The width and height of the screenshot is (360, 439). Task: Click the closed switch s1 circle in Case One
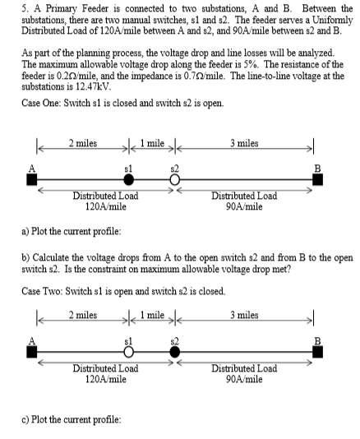[x=128, y=179]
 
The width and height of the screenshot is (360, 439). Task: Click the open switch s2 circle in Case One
[x=174, y=179]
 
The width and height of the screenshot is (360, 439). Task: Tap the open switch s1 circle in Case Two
[x=128, y=352]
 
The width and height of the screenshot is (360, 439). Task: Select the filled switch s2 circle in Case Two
[x=174, y=352]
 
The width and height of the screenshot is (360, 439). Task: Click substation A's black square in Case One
[x=34, y=180]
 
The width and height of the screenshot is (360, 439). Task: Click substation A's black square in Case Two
[x=34, y=353]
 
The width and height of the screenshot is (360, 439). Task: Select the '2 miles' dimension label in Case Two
[x=84, y=314]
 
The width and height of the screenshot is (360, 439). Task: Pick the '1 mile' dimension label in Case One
[x=155, y=141]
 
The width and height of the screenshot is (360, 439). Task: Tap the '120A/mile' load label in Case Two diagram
[x=105, y=378]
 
